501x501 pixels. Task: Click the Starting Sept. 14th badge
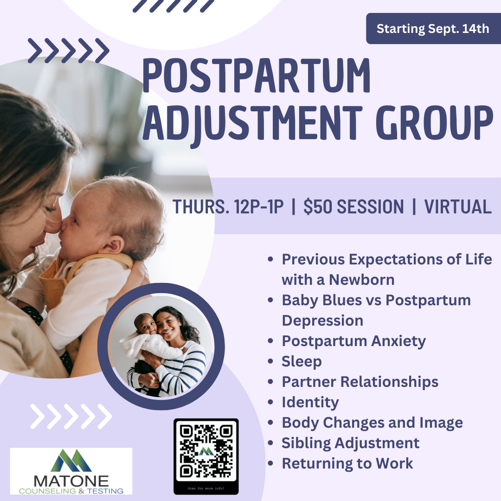pos(433,29)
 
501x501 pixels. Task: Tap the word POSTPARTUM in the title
pos(256,75)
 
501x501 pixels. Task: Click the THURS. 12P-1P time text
pos(228,207)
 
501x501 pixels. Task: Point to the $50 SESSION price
pos(353,207)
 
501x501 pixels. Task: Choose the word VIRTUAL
pos(458,207)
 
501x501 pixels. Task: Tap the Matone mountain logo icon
pos(71,460)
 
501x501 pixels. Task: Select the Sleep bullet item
pos(302,361)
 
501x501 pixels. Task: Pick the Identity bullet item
pos(310,402)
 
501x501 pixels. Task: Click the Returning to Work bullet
pos(347,463)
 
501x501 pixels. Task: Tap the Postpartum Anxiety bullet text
pos(353,341)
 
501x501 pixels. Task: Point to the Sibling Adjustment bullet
pos(350,443)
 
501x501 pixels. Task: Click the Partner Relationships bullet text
pos(360,382)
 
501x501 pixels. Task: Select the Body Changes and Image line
pos(372,423)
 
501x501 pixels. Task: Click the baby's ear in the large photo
pos(117,244)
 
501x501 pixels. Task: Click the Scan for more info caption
pos(206,488)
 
